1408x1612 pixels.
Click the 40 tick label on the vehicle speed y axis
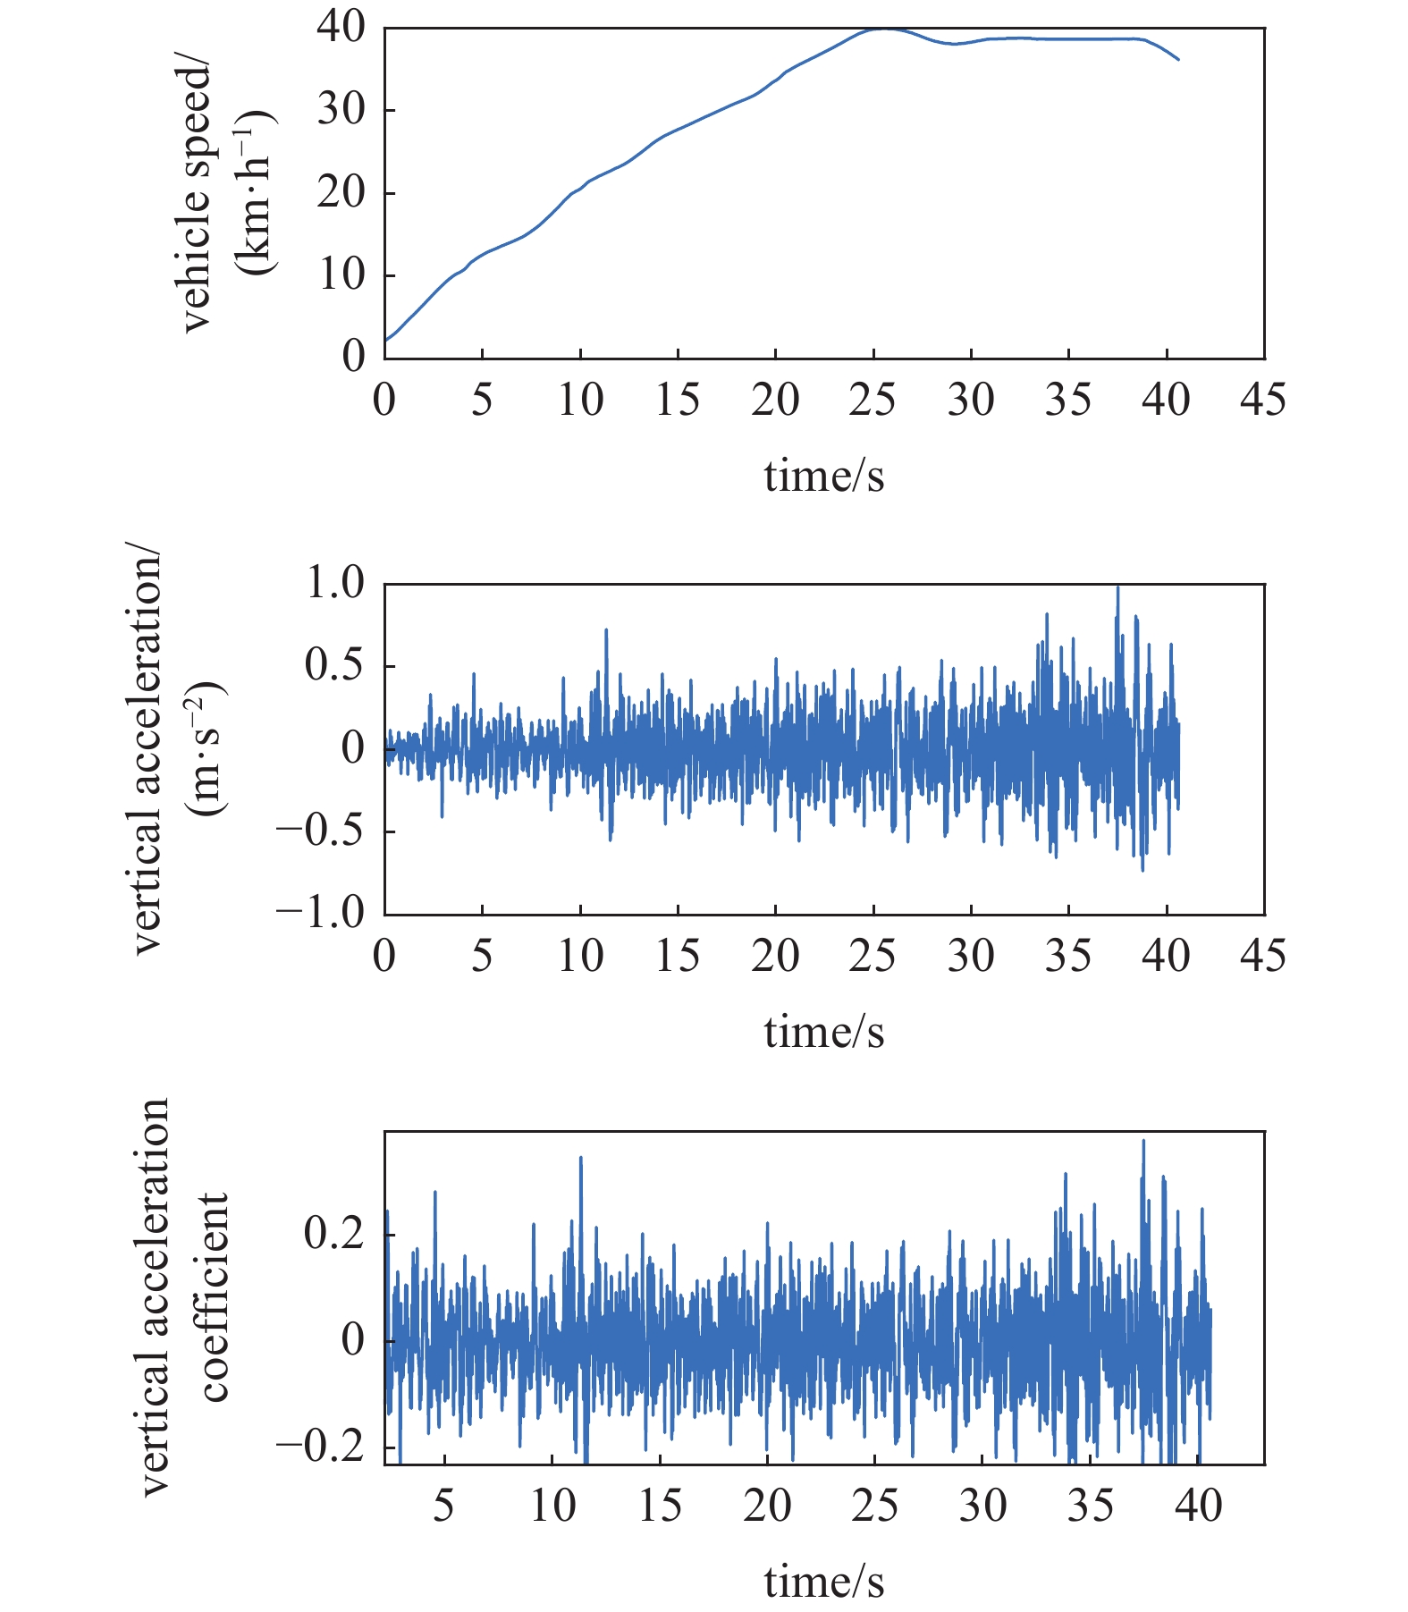(341, 28)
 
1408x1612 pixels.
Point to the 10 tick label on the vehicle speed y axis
(341, 274)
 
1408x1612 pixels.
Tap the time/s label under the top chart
(823, 476)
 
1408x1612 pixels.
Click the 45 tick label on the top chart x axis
(1263, 400)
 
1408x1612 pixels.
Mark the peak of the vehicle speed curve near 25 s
(883, 29)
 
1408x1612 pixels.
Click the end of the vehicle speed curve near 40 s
(1178, 59)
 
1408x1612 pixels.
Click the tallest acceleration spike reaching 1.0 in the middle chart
(1117, 588)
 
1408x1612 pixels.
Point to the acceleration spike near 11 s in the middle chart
(606, 631)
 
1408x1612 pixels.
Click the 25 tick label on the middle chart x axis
(873, 956)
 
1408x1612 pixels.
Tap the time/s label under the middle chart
(823, 1032)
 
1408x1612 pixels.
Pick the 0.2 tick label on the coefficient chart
(334, 1234)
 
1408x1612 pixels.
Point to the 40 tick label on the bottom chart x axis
(1198, 1506)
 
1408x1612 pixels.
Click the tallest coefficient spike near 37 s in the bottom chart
(1143, 1142)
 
